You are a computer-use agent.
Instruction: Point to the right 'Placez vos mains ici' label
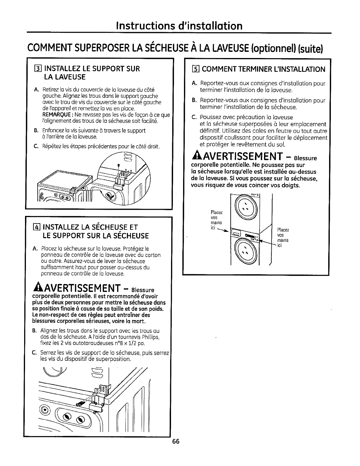pyautogui.click(x=283, y=238)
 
